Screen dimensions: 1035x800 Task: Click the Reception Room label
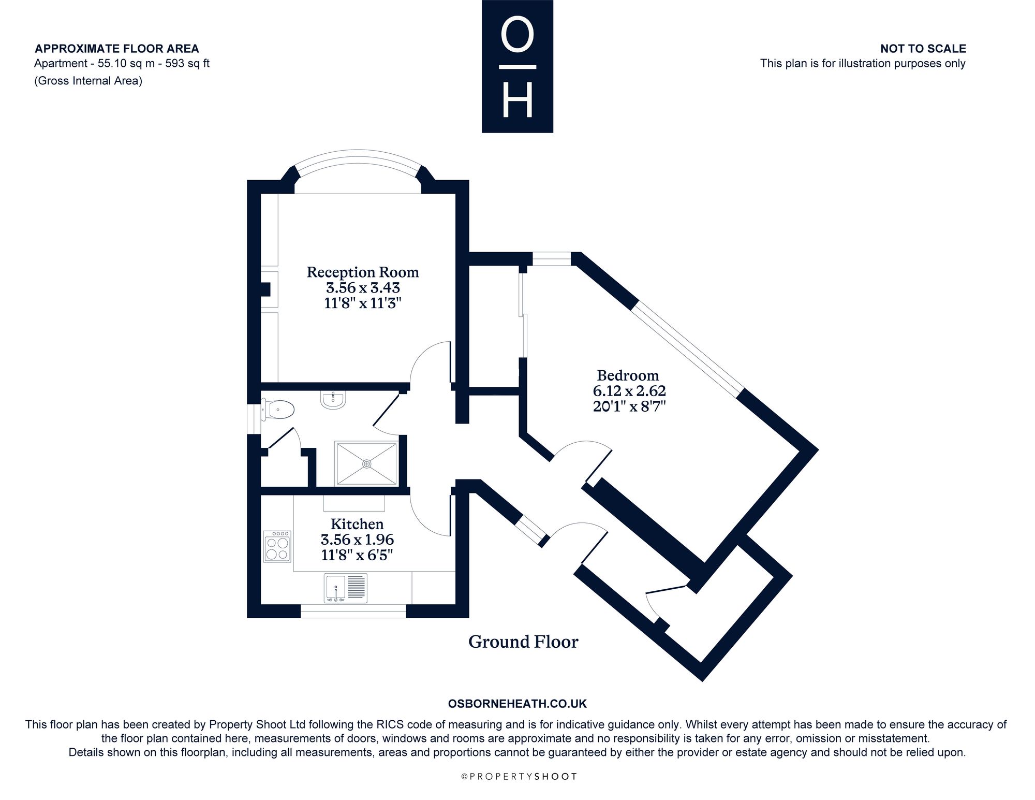pyautogui.click(x=363, y=272)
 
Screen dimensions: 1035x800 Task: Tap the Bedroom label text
pyautogui.click(x=628, y=375)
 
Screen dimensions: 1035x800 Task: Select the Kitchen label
pyautogui.click(x=357, y=524)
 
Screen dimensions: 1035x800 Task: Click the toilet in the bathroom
pyautogui.click(x=277, y=410)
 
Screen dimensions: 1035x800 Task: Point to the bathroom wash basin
pyautogui.click(x=333, y=400)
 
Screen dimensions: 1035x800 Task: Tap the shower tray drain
pyautogui.click(x=367, y=463)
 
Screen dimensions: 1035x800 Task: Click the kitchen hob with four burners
pyautogui.click(x=277, y=547)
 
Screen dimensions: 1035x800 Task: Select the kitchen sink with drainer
pyautogui.click(x=346, y=588)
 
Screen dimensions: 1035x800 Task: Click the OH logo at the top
pyautogui.click(x=517, y=66)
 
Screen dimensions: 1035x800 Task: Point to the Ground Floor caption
pyautogui.click(x=523, y=642)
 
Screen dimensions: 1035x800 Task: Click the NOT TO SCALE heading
pyautogui.click(x=923, y=49)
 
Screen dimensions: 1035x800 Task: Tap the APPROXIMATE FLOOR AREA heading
pyautogui.click(x=116, y=49)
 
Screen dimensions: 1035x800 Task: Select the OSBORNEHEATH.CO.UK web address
pyautogui.click(x=517, y=704)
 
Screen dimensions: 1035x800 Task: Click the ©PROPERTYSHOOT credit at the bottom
pyautogui.click(x=519, y=776)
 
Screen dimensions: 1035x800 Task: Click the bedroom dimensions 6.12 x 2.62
pyautogui.click(x=629, y=391)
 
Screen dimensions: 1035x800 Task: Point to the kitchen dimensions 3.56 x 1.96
pyautogui.click(x=357, y=540)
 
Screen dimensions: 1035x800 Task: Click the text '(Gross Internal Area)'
pyautogui.click(x=88, y=81)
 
